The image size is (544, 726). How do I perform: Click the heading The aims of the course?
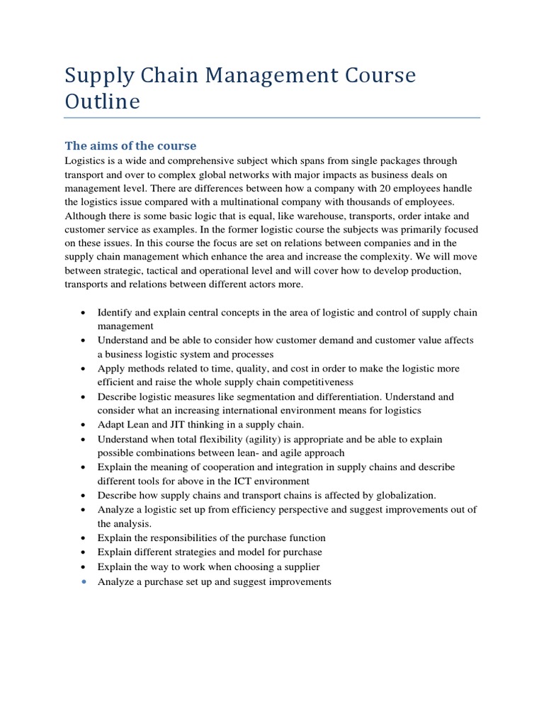pyautogui.click(x=130, y=145)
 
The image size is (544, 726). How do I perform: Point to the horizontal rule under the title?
pyautogui.click(x=272, y=118)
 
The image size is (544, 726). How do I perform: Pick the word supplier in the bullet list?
pyautogui.click(x=301, y=566)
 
